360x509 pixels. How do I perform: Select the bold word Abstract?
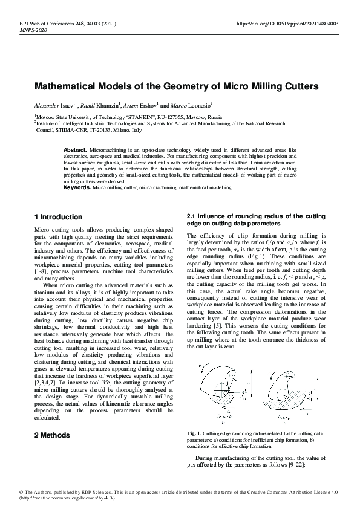[x=75, y=149]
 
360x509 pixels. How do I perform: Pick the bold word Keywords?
[x=77, y=188]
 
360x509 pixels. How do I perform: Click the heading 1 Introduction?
[x=59, y=217]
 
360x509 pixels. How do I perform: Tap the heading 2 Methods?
[x=51, y=435]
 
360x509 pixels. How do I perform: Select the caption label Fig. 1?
[x=194, y=434]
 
